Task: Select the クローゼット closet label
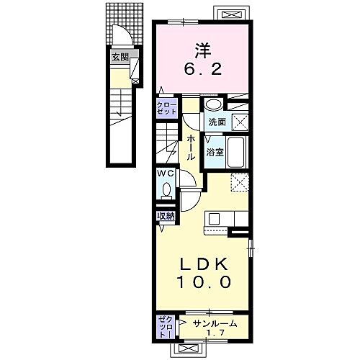tap(166, 109)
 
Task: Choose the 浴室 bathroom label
tap(214, 153)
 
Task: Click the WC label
tap(164, 174)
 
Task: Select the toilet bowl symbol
tap(166, 191)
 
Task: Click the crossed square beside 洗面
tap(239, 122)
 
